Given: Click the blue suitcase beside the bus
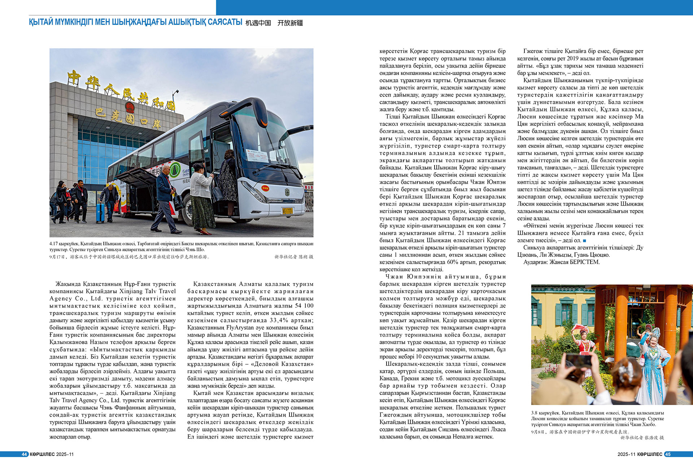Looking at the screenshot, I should coord(100,212).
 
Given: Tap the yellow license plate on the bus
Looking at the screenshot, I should coord(287,210).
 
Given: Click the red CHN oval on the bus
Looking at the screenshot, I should coord(266,188).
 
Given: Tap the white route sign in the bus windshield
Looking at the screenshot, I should coord(257,155).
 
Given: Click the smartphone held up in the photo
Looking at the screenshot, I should coord(577,361).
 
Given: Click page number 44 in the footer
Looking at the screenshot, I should coord(24,454).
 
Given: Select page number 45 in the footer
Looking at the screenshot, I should coord(668,454).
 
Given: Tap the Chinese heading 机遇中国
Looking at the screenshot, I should coord(258,23).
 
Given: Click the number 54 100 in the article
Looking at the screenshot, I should coord(304,306).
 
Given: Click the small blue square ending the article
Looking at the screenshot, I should coord(585,241).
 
